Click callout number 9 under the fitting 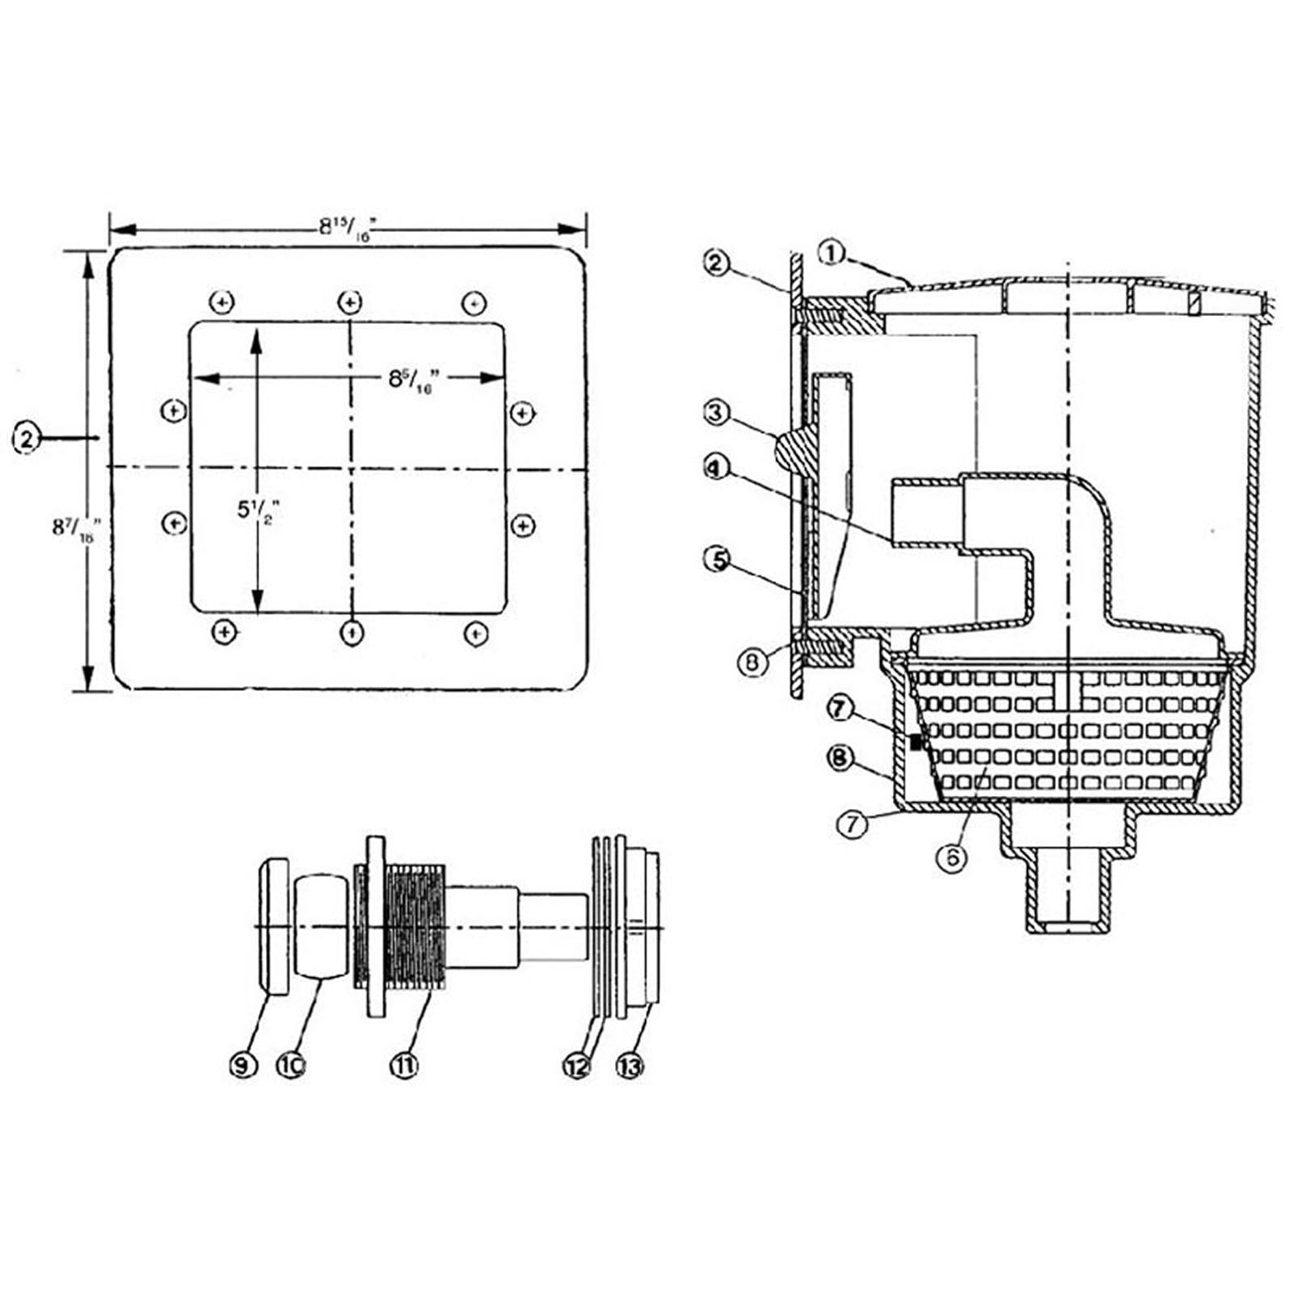pos(243,1066)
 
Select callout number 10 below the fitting pos(292,1066)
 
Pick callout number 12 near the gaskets pos(577,1066)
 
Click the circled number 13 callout pos(630,1066)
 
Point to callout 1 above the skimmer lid pos(832,253)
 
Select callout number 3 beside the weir pos(716,414)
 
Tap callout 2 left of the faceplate pos(27,439)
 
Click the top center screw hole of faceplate pos(349,302)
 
